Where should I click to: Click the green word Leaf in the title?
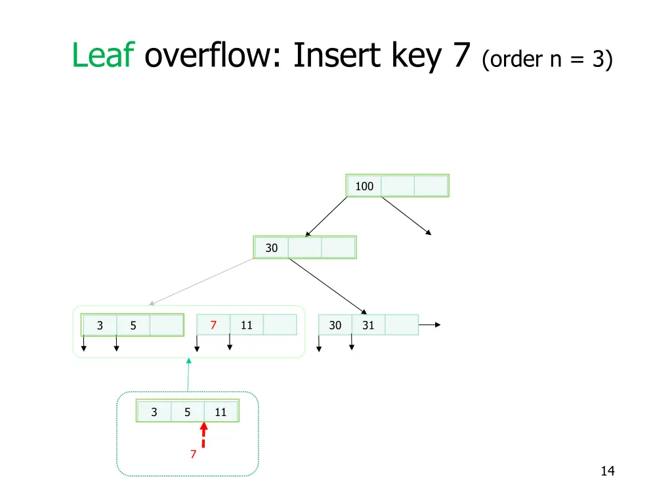[x=103, y=55]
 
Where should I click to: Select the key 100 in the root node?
[x=364, y=186]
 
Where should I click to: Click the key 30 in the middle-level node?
[x=272, y=248]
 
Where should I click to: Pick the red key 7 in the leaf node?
[x=213, y=325]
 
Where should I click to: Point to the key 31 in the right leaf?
[x=368, y=325]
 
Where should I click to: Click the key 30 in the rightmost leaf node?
[x=335, y=325]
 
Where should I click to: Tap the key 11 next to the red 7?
[x=247, y=325]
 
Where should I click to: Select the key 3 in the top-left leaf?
[x=100, y=325]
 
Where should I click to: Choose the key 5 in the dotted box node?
[x=188, y=412]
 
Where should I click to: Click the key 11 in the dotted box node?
[x=220, y=412]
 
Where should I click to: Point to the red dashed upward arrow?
[x=203, y=435]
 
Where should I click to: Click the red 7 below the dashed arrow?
[x=193, y=454]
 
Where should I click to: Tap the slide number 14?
[x=607, y=471]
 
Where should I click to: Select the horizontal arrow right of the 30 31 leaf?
[x=429, y=324]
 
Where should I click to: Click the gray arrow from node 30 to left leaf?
[x=200, y=282]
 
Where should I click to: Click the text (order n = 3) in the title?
[x=547, y=60]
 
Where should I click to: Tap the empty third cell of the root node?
[x=430, y=186]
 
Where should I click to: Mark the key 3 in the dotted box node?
[x=154, y=412]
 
